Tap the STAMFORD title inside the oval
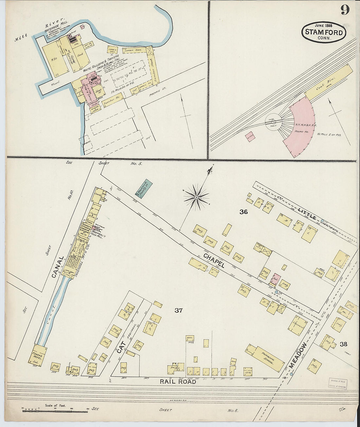[324, 32]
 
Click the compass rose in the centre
[196, 197]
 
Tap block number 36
[243, 212]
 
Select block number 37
[178, 311]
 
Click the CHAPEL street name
[213, 260]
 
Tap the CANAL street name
[58, 267]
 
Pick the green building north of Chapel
[144, 188]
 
